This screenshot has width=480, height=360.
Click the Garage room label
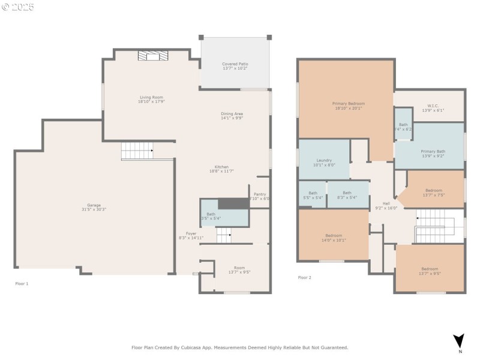pos(94,205)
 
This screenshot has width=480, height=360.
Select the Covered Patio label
pos(235,64)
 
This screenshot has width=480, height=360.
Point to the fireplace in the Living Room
pos(153,56)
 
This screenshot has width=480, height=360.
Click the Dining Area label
pos(232,113)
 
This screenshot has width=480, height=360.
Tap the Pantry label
pos(260,194)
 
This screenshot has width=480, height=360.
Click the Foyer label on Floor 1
pos(191,233)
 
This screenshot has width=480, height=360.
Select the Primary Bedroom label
pos(349,103)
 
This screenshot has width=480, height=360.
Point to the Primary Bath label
pos(433,151)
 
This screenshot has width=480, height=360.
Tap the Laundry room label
pos(324,160)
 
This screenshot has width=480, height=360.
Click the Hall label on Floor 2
pos(378,203)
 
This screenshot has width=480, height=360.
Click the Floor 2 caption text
pos(305,278)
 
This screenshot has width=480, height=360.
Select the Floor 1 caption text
pos(22,283)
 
